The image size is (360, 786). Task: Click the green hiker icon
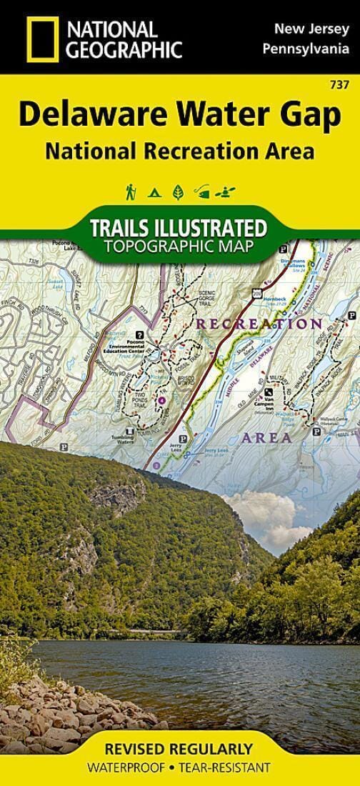(x=131, y=191)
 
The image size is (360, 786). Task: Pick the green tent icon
(x=154, y=191)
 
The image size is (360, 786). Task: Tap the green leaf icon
(x=178, y=191)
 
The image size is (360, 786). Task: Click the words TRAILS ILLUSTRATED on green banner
(x=178, y=229)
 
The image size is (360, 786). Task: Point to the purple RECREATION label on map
(x=259, y=324)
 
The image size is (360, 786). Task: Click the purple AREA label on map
(x=266, y=437)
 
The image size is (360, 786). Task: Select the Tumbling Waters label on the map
(x=130, y=441)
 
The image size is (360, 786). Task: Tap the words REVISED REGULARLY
(x=179, y=750)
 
